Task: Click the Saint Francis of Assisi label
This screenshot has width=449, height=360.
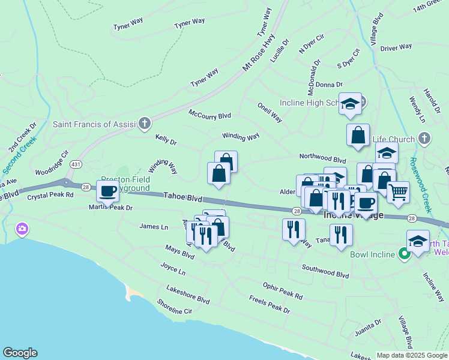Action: (94, 124)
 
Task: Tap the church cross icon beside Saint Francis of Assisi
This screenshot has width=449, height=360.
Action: (144, 124)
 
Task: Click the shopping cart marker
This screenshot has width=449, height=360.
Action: (398, 193)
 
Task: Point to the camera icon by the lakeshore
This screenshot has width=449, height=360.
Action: (22, 229)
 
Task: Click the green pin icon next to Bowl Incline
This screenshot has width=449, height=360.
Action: (405, 254)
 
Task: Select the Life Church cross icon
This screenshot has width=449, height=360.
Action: (424, 139)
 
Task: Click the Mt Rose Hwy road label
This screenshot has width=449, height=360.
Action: (259, 53)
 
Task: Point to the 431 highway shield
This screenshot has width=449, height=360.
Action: (76, 164)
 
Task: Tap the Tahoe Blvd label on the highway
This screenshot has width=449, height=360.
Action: (182, 196)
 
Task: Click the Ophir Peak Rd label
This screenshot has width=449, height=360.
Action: (283, 291)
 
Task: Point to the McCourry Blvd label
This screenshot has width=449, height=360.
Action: (209, 114)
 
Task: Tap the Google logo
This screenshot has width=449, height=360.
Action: (20, 353)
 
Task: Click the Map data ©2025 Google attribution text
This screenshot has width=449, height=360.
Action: (411, 355)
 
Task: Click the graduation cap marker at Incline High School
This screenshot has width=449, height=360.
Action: (350, 104)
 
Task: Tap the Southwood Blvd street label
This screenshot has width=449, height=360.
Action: (325, 271)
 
